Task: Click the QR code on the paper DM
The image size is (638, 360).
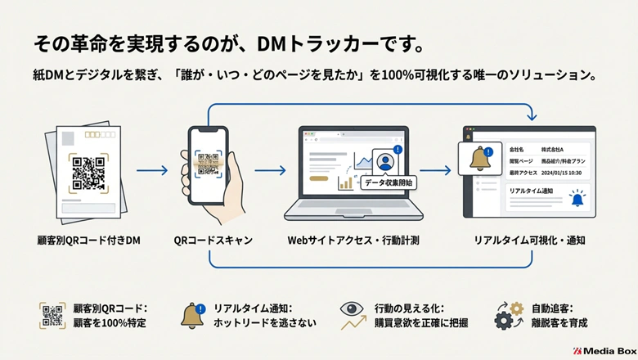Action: [x=88, y=172]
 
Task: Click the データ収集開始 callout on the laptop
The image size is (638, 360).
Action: [x=388, y=183]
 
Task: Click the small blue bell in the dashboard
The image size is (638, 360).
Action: [x=577, y=198]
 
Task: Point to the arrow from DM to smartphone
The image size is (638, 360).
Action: [x=151, y=171]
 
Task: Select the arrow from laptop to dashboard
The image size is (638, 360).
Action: [x=435, y=171]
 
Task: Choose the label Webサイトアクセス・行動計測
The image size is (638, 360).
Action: [x=353, y=241]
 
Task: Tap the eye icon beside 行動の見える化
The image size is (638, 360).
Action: [x=353, y=308]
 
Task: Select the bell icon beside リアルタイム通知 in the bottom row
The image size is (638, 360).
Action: [x=193, y=316]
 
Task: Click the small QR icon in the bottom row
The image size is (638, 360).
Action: [x=52, y=316]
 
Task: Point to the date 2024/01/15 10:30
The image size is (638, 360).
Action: [x=565, y=173]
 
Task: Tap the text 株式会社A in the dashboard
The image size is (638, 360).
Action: [x=557, y=150]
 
